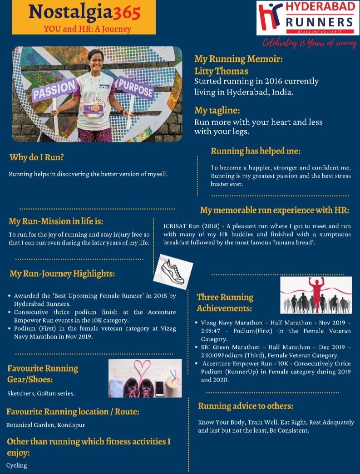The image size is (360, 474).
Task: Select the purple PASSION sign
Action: [53, 89]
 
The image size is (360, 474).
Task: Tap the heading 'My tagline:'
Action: [217, 110]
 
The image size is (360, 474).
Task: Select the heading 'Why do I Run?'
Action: [37, 158]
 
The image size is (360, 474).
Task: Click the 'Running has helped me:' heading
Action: [256, 151]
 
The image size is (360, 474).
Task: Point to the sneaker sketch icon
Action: [170, 272]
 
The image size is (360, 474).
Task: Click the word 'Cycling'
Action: [17, 465]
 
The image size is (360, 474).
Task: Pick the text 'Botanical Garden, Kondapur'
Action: [45, 425]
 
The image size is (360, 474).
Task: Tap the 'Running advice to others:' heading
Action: [246, 406]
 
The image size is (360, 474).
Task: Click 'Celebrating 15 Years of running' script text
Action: [310, 43]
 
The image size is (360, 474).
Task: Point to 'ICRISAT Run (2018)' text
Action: [189, 226]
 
